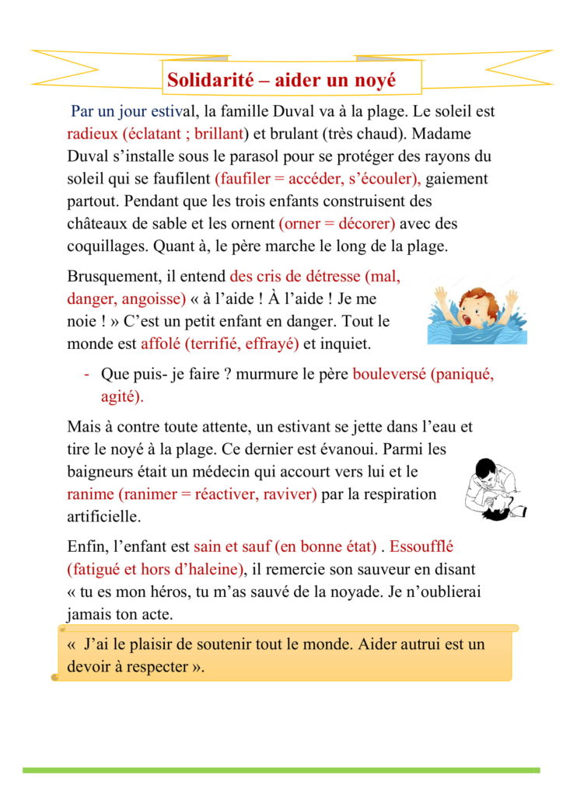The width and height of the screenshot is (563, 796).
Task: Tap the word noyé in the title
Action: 374,79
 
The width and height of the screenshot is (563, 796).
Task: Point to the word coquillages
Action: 108,246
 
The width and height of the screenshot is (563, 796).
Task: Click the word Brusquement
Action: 114,276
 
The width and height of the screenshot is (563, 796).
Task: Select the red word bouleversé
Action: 389,373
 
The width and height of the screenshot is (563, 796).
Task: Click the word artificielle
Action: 105,516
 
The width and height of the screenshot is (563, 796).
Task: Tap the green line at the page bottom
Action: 281,770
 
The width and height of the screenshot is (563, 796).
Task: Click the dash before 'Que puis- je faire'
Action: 86,374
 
